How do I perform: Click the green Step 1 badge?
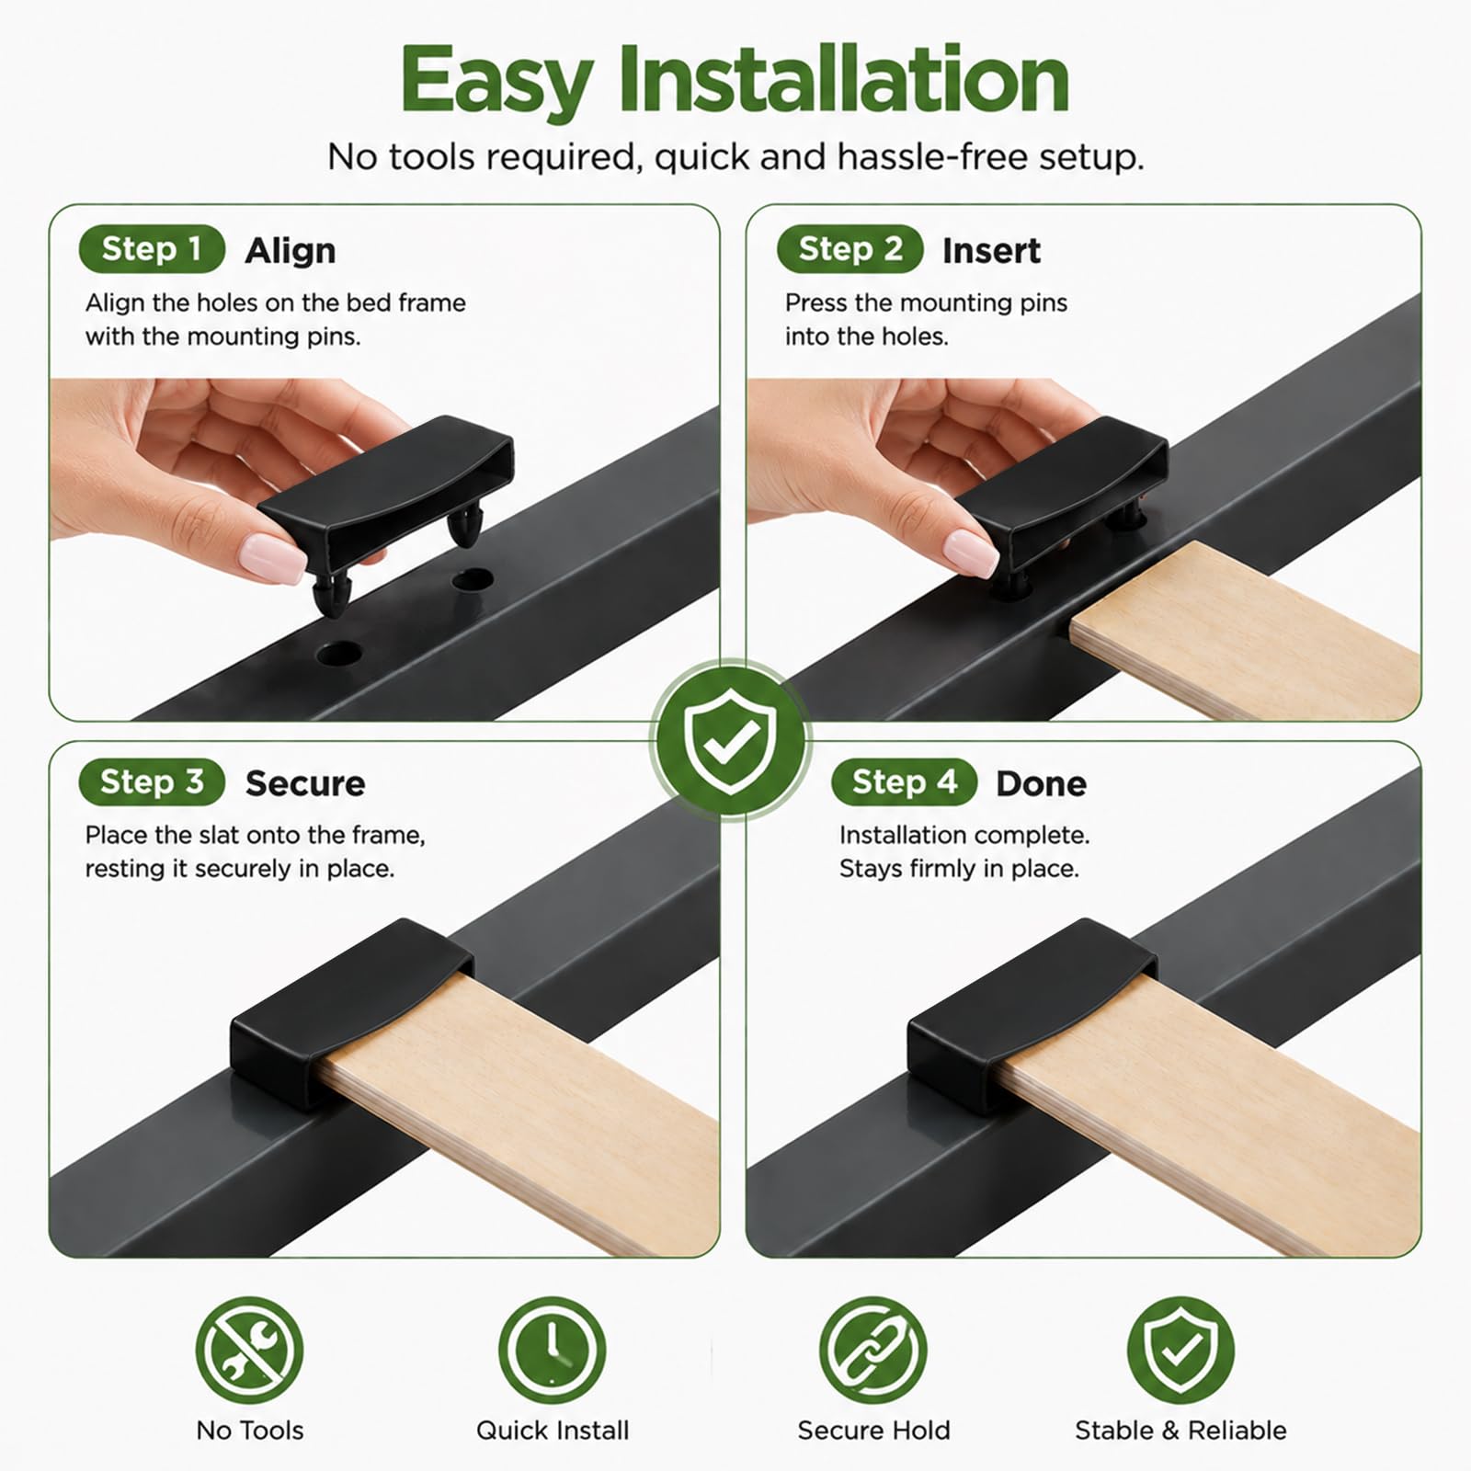[153, 249]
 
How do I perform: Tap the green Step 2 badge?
[850, 249]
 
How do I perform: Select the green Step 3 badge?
[152, 782]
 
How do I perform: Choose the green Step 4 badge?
[905, 782]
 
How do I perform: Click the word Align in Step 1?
[291, 250]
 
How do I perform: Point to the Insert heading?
[991, 250]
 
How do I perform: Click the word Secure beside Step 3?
[305, 783]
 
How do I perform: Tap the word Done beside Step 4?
[1042, 783]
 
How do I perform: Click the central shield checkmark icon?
[732, 740]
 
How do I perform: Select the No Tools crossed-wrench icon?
[249, 1351]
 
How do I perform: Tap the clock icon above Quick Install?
[553, 1351]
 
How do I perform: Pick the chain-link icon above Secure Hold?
[873, 1351]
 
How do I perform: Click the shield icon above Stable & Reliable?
[1180, 1351]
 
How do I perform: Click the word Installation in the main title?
[843, 81]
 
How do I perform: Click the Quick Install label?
[553, 1431]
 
